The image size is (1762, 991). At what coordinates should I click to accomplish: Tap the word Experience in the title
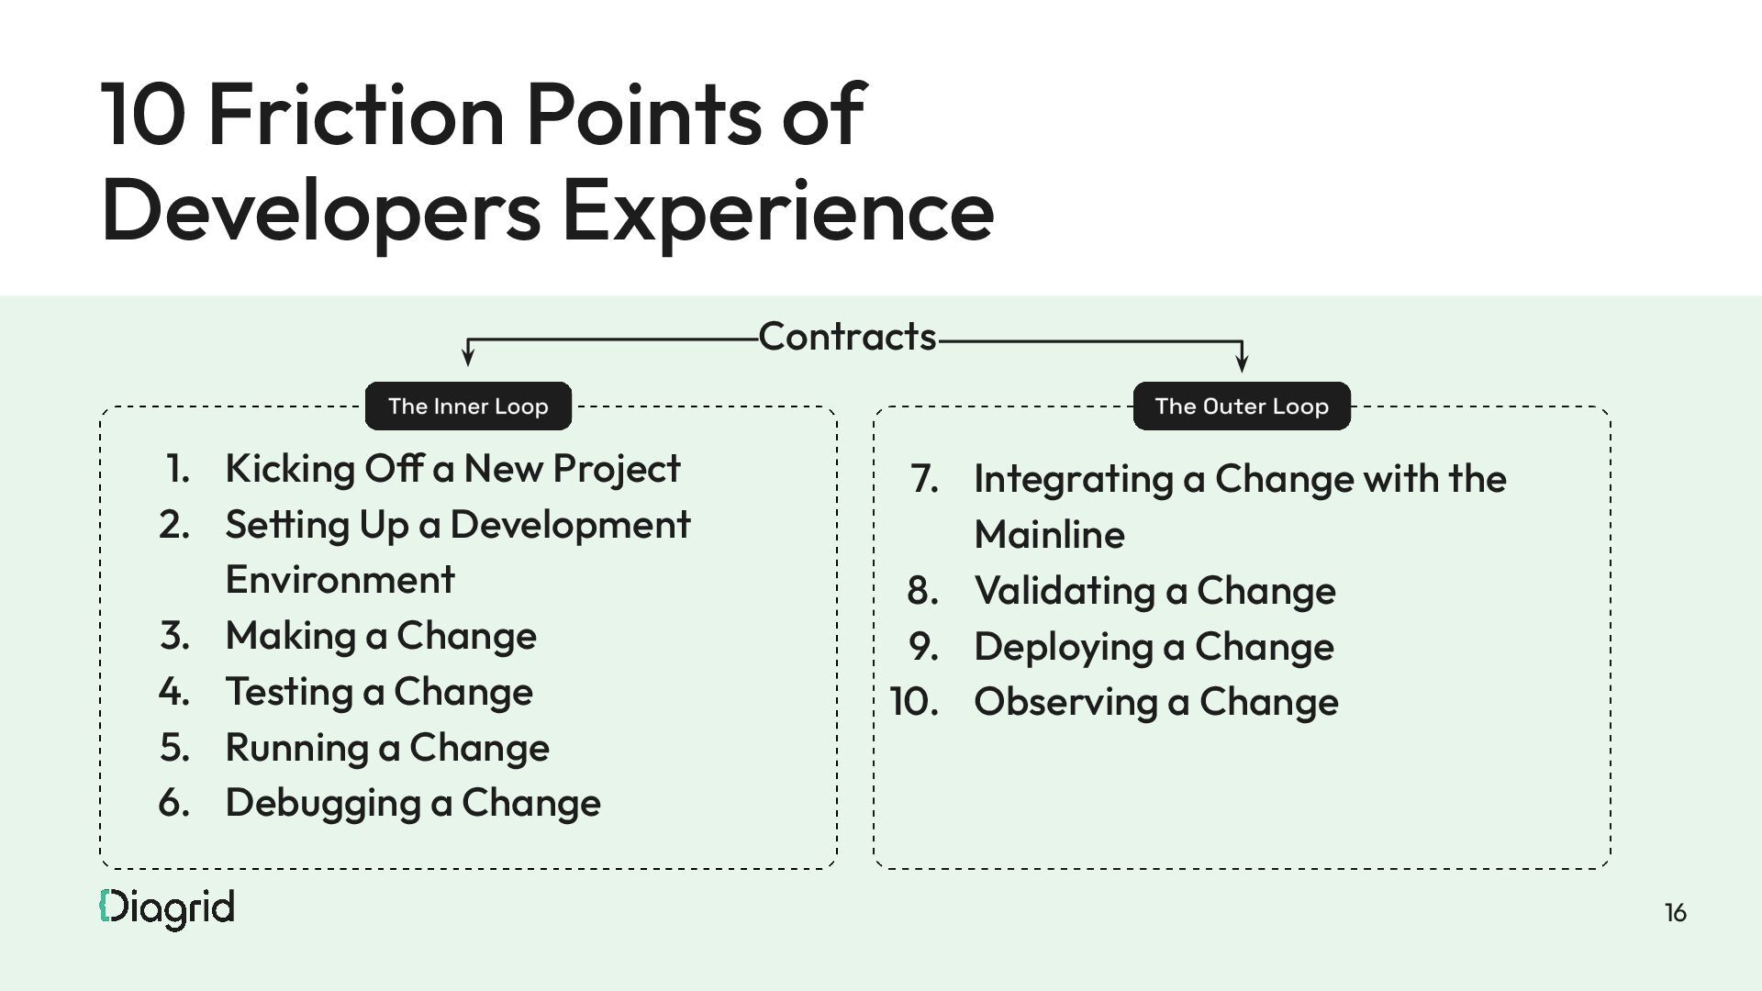[777, 211]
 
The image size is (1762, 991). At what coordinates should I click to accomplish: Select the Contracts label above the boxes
[847, 337]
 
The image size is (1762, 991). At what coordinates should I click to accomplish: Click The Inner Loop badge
[468, 406]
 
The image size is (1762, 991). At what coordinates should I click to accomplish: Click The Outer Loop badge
[1242, 406]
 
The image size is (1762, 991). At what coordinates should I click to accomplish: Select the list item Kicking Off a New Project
[452, 469]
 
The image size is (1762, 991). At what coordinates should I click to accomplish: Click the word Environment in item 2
[340, 580]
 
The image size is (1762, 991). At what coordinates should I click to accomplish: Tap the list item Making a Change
[381, 636]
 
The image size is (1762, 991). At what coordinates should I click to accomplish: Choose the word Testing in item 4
[289, 692]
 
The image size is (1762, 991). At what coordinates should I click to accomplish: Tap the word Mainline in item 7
[1049, 535]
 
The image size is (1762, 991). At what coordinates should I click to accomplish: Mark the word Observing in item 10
[1065, 702]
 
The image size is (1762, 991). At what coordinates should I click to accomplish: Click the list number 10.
[914, 702]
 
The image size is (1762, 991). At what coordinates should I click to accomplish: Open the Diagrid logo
[167, 908]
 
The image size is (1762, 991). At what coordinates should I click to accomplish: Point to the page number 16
[1675, 913]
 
